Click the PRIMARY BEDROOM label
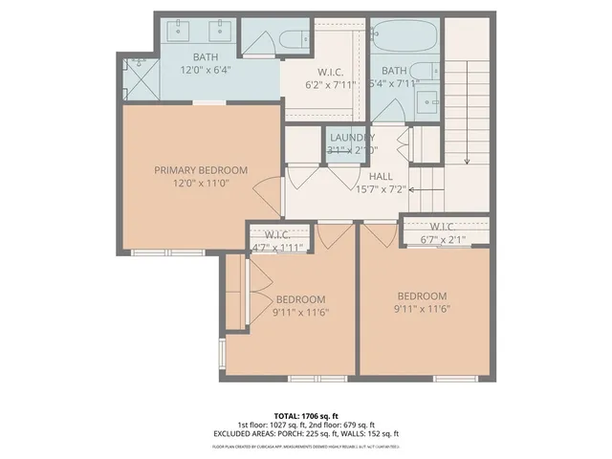(201, 170)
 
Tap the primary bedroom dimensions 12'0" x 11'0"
(201, 184)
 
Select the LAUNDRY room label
(351, 138)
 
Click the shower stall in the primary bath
(138, 79)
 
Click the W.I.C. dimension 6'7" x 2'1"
(447, 239)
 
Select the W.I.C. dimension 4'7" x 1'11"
(277, 248)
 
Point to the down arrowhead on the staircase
(467, 162)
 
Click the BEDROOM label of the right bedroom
(422, 295)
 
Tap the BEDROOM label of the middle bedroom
(301, 298)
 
